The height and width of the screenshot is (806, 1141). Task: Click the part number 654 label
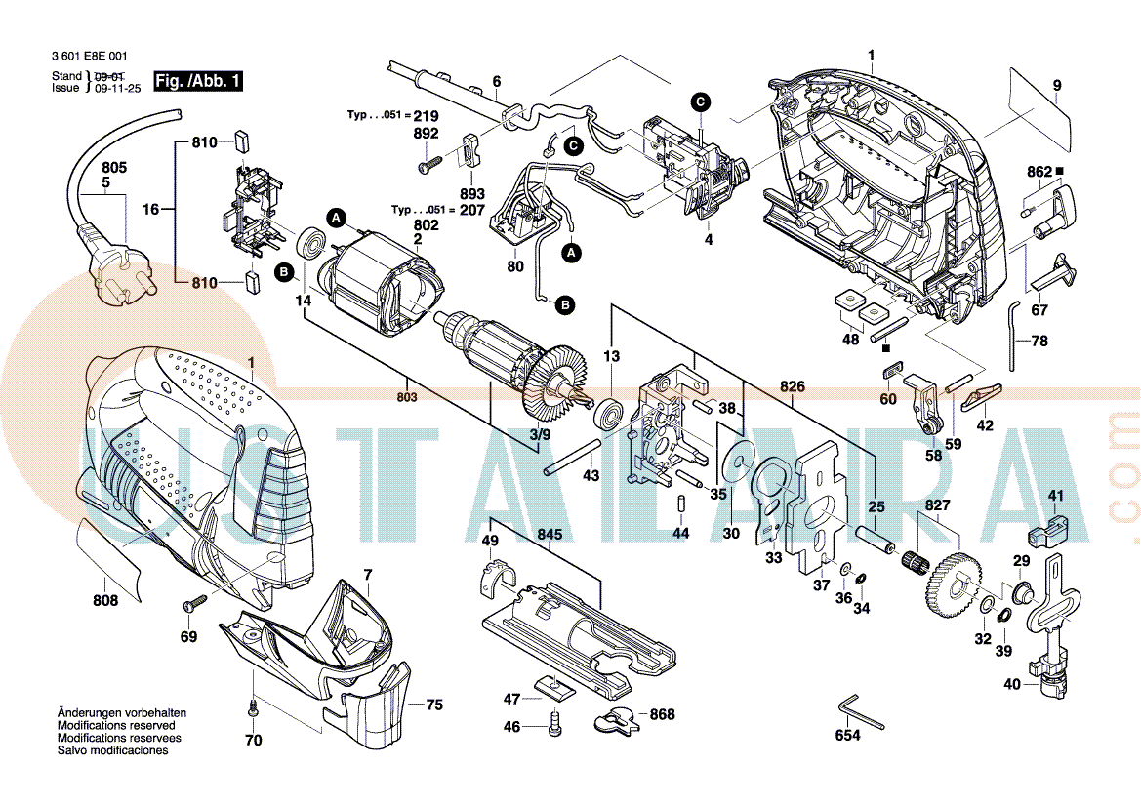(848, 735)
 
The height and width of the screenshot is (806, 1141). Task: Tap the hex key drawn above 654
(859, 710)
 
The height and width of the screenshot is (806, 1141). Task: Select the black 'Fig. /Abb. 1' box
(198, 81)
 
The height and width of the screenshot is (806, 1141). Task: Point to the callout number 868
(662, 715)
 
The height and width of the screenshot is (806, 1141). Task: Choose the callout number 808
(105, 601)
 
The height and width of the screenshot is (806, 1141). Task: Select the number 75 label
(434, 705)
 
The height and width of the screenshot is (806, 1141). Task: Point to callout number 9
(1056, 86)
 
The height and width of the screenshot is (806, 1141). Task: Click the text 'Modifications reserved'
(116, 726)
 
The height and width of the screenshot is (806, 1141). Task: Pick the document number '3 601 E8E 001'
(89, 58)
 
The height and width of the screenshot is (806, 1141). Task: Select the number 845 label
(550, 534)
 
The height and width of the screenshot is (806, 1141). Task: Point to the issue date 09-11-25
(116, 88)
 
